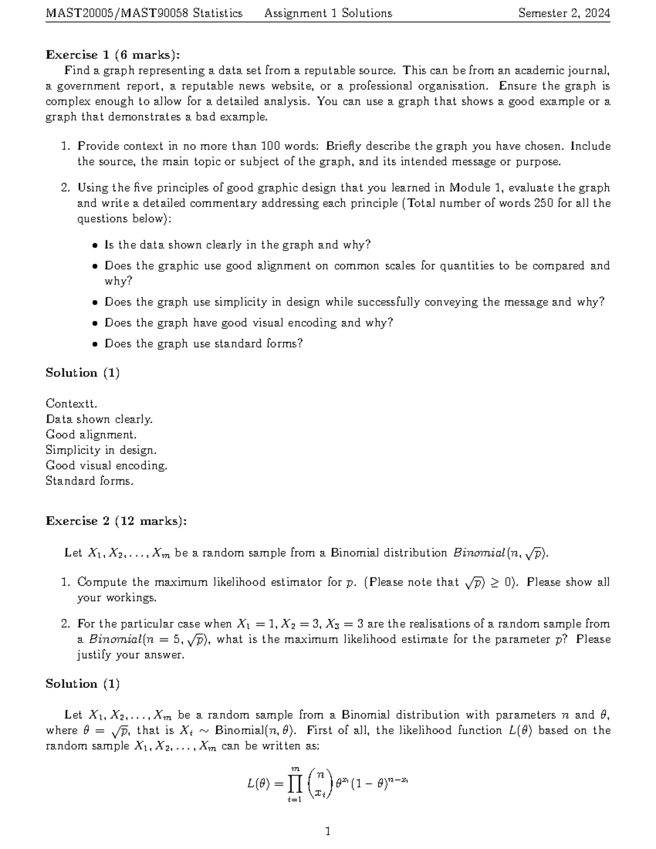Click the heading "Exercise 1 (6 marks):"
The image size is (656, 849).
pyautogui.click(x=112, y=55)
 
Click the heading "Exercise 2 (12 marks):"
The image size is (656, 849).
pyautogui.click(x=116, y=521)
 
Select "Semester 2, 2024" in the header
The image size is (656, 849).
pyautogui.click(x=564, y=13)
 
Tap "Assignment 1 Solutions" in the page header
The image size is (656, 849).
pyautogui.click(x=328, y=13)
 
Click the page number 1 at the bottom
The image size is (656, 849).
pyautogui.click(x=327, y=832)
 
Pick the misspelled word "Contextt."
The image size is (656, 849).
pyautogui.click(x=72, y=404)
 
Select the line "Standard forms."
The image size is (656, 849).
pyautogui.click(x=89, y=481)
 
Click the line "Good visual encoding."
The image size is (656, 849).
pyautogui.click(x=106, y=466)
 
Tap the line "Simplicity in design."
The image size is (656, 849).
pyautogui.click(x=101, y=450)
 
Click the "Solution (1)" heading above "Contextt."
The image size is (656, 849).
pyautogui.click(x=83, y=373)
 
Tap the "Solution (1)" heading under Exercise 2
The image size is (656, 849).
pyautogui.click(x=83, y=684)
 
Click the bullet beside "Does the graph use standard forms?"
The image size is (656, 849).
pyautogui.click(x=95, y=344)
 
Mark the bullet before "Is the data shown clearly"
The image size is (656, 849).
pyautogui.click(x=95, y=245)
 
